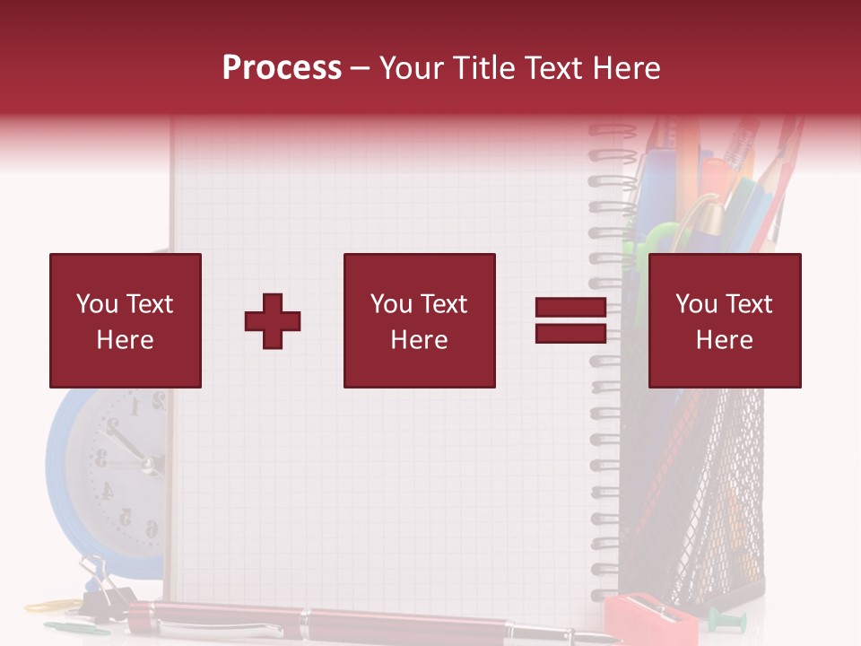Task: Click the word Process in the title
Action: pyautogui.click(x=282, y=68)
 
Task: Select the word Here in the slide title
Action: pyautogui.click(x=625, y=68)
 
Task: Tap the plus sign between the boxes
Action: pyautogui.click(x=273, y=321)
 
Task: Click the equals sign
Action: pyautogui.click(x=570, y=320)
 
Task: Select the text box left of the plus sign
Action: pyautogui.click(x=126, y=320)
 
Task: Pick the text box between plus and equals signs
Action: pyautogui.click(x=419, y=320)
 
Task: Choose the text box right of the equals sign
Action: pyautogui.click(x=724, y=320)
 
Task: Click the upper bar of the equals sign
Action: pyautogui.click(x=570, y=308)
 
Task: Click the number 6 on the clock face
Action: pyautogui.click(x=151, y=528)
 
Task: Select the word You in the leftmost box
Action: pyautogui.click(x=96, y=304)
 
